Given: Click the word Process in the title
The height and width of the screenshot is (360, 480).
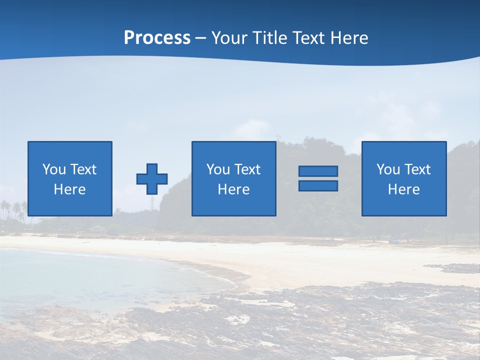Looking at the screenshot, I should (x=157, y=38).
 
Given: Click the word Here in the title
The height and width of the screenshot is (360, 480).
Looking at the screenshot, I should (x=350, y=38).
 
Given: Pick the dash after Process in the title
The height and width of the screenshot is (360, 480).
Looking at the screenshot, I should (x=201, y=38).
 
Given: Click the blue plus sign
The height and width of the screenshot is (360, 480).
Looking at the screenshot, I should (x=152, y=179).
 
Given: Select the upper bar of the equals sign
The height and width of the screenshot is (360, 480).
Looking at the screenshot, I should (x=318, y=171).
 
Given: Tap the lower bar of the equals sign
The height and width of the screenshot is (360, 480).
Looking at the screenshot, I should (x=318, y=185).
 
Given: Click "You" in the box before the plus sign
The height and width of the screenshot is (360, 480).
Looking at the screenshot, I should (x=53, y=169).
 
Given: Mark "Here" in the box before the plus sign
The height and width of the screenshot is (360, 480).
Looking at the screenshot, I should (x=69, y=189).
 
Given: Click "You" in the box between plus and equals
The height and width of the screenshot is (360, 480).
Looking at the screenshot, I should (x=217, y=169).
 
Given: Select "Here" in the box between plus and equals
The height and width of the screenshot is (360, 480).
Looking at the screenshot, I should (x=233, y=189).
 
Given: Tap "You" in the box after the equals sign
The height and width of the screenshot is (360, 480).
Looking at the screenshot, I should (x=387, y=169).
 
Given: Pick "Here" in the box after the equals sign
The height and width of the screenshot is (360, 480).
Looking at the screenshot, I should (x=403, y=189).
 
